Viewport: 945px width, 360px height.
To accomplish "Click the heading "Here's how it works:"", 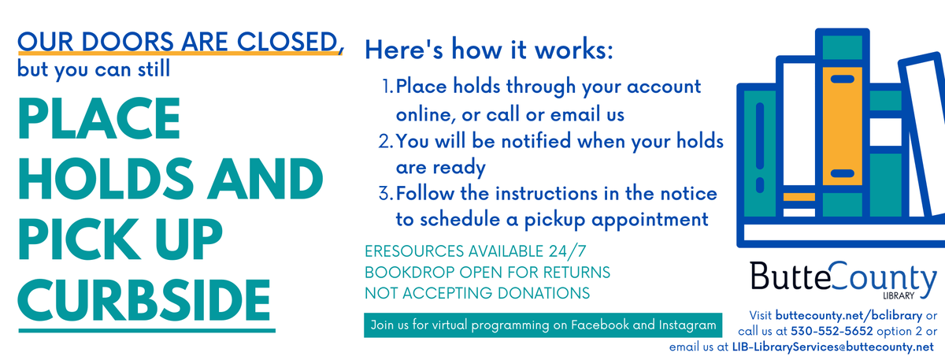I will point(488,51).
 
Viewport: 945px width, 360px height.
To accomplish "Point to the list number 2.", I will point(385,142).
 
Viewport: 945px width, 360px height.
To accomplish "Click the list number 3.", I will point(385,193).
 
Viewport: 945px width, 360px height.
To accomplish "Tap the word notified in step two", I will point(535,142).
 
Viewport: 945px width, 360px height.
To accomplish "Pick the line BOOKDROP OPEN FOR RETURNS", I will point(487,273).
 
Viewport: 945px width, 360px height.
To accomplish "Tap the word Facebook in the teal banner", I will point(605,325).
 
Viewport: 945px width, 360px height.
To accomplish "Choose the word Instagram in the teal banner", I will point(684,325).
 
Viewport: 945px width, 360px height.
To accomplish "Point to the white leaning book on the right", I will point(922,134).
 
